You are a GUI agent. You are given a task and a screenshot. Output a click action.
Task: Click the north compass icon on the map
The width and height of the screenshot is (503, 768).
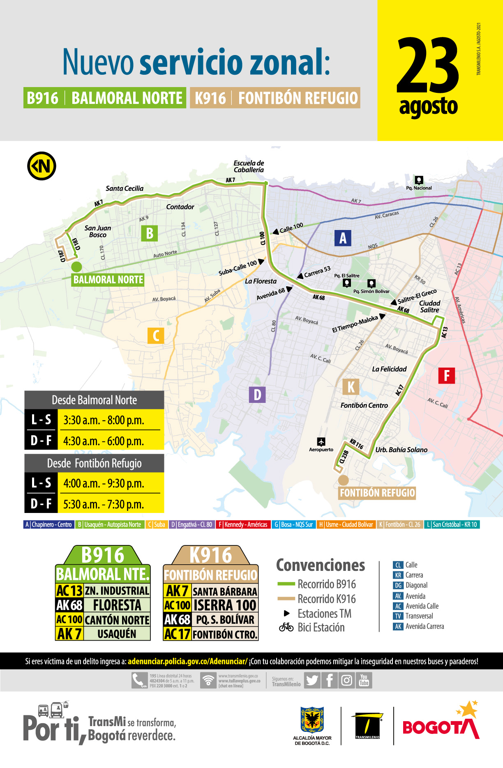point(42,166)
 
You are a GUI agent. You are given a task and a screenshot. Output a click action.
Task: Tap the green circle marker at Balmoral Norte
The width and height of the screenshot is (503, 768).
point(76,267)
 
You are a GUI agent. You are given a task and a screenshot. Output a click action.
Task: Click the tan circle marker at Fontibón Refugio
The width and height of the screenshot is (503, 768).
point(343,480)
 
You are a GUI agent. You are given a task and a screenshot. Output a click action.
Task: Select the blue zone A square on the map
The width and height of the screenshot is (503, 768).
point(343,238)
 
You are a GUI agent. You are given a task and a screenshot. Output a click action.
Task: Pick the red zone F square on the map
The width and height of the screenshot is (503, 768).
point(446,375)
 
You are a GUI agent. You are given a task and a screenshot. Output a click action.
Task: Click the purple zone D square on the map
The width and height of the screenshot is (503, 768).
point(257,395)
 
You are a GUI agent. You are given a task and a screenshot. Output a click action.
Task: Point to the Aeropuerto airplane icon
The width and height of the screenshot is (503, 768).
point(321,441)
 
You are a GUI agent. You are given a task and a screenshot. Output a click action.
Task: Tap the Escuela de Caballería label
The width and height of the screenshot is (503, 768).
point(249,166)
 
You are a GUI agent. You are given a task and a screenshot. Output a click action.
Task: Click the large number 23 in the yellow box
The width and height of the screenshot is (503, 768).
point(427,66)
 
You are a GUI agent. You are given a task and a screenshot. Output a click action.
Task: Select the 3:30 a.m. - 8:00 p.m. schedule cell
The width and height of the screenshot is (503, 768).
point(104,420)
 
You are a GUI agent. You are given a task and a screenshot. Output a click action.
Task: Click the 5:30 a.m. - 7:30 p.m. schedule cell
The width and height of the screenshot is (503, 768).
point(104,504)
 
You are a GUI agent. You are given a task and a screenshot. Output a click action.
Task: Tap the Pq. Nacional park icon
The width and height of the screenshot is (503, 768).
point(419,180)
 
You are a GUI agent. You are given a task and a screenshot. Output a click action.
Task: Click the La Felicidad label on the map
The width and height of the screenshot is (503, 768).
point(389,369)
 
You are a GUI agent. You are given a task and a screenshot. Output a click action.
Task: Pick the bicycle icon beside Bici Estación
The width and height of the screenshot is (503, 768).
point(286,627)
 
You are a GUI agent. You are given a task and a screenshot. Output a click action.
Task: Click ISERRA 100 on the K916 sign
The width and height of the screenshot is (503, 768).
point(225,605)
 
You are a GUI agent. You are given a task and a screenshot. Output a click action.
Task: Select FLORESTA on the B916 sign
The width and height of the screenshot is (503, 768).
point(117,605)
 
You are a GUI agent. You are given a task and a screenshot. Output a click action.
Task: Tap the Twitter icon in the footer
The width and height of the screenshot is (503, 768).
point(312,680)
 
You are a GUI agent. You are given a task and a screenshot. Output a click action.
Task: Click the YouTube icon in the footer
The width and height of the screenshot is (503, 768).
point(364,680)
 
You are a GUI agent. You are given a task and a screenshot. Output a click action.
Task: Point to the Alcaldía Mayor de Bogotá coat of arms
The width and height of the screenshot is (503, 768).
point(312,720)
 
